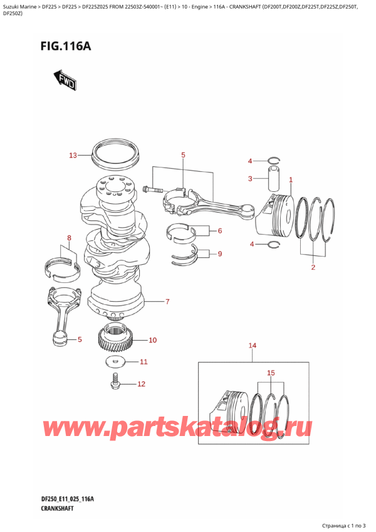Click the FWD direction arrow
pyautogui.click(x=65, y=79)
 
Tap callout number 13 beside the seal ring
pyautogui.click(x=72, y=155)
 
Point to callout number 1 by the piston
pyautogui.click(x=291, y=180)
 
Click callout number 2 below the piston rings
pyautogui.click(x=313, y=268)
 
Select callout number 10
pyautogui.click(x=152, y=341)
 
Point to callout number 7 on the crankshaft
pyautogui.click(x=167, y=302)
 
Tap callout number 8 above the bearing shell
pyautogui.click(x=70, y=238)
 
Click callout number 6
pyautogui.click(x=220, y=231)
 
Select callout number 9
pyautogui.click(x=219, y=253)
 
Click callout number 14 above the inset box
pyautogui.click(x=253, y=346)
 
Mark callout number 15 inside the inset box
pyautogui.click(x=270, y=373)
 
